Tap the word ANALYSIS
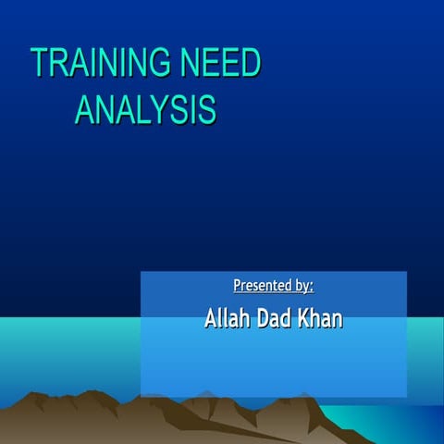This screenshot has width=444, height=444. (x=145, y=109)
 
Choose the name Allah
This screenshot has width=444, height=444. (x=226, y=319)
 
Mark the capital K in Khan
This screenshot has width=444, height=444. (x=309, y=319)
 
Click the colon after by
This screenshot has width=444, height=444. (x=312, y=287)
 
